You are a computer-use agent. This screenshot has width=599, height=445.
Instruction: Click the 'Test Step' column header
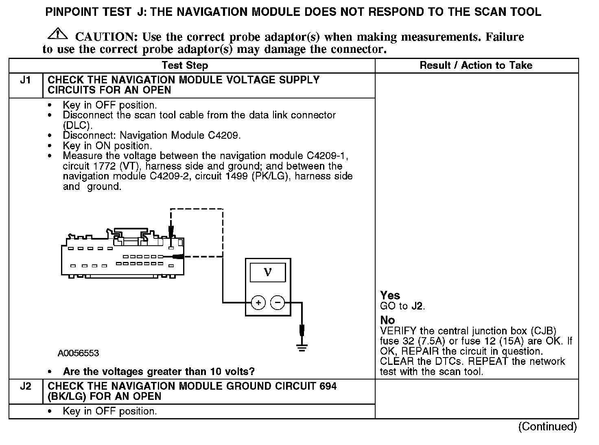185,65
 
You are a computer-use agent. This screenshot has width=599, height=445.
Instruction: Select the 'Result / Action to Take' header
476,65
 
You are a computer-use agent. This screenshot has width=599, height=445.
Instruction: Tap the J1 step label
26,80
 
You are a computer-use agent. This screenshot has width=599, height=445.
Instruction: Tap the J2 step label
26,386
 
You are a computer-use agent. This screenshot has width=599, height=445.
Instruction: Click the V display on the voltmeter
268,272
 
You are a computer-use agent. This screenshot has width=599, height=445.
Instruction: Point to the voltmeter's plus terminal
258,303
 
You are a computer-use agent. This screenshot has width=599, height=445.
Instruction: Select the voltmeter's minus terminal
278,303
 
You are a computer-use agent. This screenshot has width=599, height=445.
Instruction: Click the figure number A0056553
78,353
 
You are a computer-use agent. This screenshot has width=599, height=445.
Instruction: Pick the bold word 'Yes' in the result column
390,295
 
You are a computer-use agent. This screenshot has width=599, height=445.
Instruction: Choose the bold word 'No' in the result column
387,320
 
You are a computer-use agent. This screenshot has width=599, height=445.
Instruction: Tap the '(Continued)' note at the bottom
547,426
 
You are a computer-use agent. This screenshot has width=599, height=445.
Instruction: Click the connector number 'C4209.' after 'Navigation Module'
224,135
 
